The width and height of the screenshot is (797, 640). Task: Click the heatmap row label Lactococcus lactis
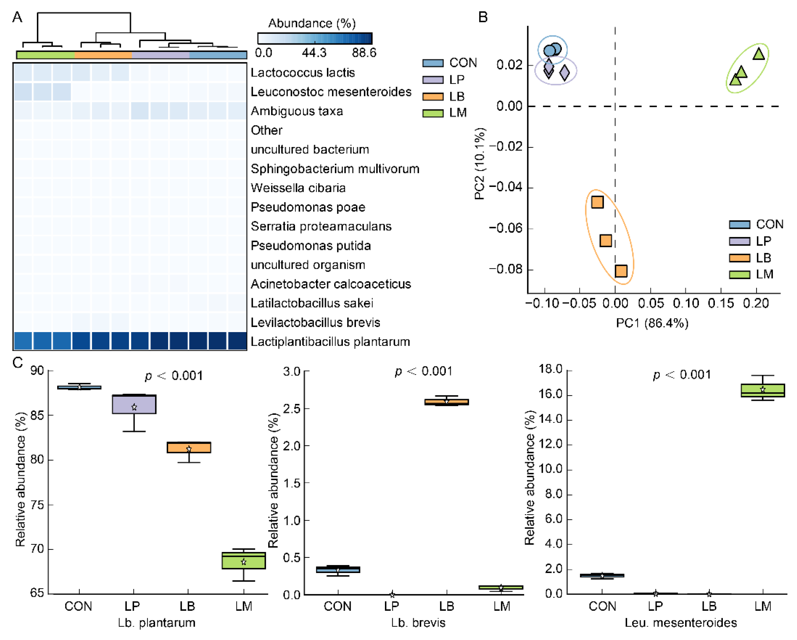(302, 73)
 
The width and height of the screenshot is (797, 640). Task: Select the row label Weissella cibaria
(298, 188)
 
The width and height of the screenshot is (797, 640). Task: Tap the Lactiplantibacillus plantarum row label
(330, 342)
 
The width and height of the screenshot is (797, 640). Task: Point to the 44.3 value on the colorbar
(314, 53)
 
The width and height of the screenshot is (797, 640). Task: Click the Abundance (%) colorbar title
(312, 23)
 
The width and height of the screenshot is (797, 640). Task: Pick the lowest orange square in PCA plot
(621, 271)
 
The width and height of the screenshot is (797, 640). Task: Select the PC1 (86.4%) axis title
(652, 323)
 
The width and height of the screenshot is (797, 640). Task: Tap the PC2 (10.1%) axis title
(480, 164)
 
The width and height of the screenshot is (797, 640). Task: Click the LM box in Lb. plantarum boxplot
(244, 560)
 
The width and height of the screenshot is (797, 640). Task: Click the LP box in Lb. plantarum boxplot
(134, 404)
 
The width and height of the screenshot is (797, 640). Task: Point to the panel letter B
(483, 17)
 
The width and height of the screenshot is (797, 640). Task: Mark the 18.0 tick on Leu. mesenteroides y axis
(551, 369)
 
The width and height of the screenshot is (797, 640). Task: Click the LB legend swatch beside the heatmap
(433, 97)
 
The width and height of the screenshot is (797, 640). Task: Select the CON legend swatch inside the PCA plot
(739, 224)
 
